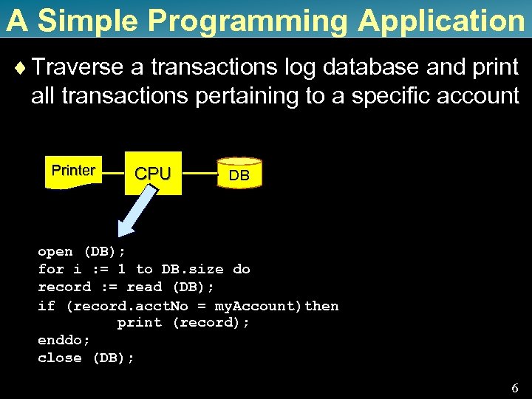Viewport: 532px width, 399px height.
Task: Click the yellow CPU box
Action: [153, 173]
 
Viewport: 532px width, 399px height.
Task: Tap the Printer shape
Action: [73, 171]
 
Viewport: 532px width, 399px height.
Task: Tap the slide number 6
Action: [515, 388]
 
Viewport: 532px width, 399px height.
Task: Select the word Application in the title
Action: [441, 21]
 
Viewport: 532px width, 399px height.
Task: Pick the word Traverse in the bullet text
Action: [78, 68]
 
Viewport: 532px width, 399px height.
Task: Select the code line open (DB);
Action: [72, 251]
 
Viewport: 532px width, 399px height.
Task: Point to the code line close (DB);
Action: [86, 358]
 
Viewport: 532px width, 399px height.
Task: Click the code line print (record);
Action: [183, 322]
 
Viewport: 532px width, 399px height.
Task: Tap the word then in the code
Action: [321, 305]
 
